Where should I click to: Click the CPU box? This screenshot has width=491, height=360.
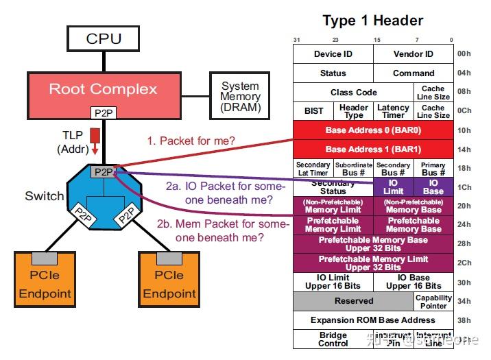pos(103,38)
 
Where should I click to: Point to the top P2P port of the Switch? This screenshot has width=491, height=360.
pos(104,171)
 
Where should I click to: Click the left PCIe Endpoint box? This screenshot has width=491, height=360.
pos(44,284)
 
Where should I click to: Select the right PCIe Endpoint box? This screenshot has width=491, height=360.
pos(168,284)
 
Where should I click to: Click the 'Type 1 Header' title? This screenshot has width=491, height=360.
pos(372,20)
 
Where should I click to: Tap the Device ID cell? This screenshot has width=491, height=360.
pos(333,54)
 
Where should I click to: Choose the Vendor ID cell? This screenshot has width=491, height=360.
pos(413,54)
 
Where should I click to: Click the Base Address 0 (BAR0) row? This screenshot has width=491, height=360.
pos(373,130)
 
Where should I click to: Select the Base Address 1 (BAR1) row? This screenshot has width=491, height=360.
pos(373,149)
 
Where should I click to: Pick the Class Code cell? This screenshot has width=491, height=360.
pos(353,92)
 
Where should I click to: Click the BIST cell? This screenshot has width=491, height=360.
pos(313,111)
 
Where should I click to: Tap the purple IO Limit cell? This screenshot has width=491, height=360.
pos(394,187)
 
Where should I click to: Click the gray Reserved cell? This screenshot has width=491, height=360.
pos(353,301)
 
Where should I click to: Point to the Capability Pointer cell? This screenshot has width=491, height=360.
pos(433,301)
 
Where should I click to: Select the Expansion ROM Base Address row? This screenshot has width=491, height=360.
pos(373,320)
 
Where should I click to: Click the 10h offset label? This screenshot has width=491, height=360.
pos(464,130)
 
